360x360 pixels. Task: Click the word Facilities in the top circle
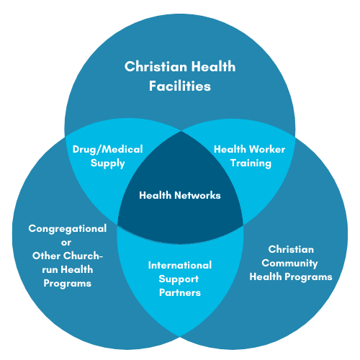pyautogui.click(x=180, y=86)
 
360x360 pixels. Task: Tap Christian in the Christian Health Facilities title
pyautogui.click(x=156, y=66)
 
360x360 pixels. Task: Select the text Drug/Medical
pyautogui.click(x=108, y=150)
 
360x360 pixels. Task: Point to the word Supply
pyautogui.click(x=108, y=163)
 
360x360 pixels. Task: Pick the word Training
pyautogui.click(x=251, y=163)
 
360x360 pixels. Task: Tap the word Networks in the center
pyautogui.click(x=197, y=195)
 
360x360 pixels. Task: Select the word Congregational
pyautogui.click(x=68, y=229)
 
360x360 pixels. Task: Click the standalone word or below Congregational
pyautogui.click(x=66, y=243)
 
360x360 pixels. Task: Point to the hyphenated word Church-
pyautogui.click(x=84, y=256)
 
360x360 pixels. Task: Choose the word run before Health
pyautogui.click(x=50, y=270)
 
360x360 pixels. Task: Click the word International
pyautogui.click(x=180, y=265)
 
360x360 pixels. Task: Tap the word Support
pyautogui.click(x=179, y=279)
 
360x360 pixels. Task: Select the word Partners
pyautogui.click(x=180, y=292)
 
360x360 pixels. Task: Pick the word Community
pyautogui.click(x=289, y=264)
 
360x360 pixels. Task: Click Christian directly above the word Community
pyautogui.click(x=291, y=249)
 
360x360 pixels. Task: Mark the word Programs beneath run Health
pyautogui.click(x=68, y=284)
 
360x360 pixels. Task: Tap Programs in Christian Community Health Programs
pyautogui.click(x=308, y=277)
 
